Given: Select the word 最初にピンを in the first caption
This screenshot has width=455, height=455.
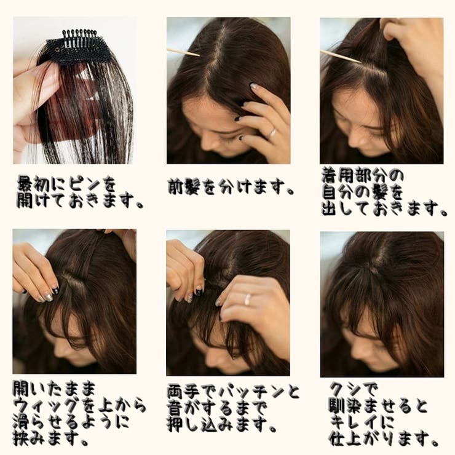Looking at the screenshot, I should (66, 183).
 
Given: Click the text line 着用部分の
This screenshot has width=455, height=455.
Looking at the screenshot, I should (363, 175).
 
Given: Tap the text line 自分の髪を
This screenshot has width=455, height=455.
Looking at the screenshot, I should (363, 192).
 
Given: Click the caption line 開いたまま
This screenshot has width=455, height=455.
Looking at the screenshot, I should (55, 389).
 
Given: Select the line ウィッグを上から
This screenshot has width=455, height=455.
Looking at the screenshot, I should (79, 406).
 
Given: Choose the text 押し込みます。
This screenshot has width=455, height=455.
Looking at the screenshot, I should (221, 424).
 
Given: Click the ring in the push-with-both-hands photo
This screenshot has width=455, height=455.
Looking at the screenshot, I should (247, 299).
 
